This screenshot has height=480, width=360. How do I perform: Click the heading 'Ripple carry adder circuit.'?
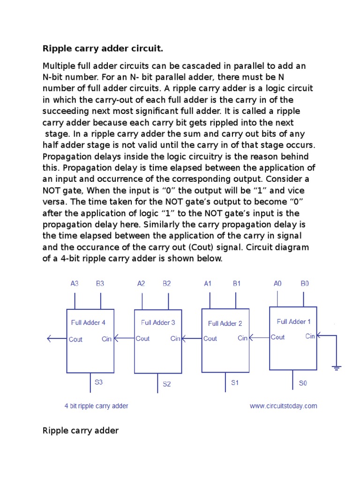pos(103,49)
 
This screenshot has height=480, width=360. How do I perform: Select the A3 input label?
pos(75,284)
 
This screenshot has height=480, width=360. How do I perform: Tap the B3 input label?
pos(100,284)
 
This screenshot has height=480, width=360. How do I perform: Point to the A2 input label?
pos(141,284)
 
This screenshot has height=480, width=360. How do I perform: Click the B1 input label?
pos(237,284)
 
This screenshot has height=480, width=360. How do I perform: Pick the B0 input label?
pos(305,284)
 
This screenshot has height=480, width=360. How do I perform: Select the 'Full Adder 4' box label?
pos(88,322)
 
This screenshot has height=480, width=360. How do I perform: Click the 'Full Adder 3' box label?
pos(158,322)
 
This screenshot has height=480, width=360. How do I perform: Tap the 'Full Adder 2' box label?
pos(225,323)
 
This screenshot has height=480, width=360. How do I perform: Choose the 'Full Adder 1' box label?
pos(293,322)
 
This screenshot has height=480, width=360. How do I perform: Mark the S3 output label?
pos(98,382)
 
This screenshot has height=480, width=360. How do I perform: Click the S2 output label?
pos(167,384)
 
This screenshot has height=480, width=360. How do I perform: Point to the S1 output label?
pos(235,382)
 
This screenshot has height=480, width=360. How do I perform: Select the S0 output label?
pos(303,383)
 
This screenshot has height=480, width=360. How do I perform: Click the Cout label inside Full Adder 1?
pos(277,337)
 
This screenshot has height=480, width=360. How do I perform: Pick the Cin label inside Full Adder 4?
pos(106,339)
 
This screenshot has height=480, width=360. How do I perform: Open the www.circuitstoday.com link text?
pos(283,406)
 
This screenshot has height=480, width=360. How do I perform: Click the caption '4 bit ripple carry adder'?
pos(96,406)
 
